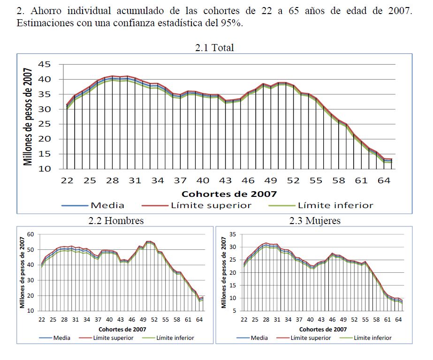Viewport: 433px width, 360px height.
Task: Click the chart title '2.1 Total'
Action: pos(214,47)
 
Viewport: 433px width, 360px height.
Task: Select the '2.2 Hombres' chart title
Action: pos(116,220)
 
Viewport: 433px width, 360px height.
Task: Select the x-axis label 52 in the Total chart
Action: pos(293,180)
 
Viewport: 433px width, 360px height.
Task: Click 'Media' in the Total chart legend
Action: pos(107,205)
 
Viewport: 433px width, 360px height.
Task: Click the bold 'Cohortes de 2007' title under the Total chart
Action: pos(229,194)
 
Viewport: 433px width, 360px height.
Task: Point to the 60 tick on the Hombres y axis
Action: pos(30,234)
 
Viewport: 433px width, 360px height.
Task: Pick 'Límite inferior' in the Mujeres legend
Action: pos(372,337)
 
